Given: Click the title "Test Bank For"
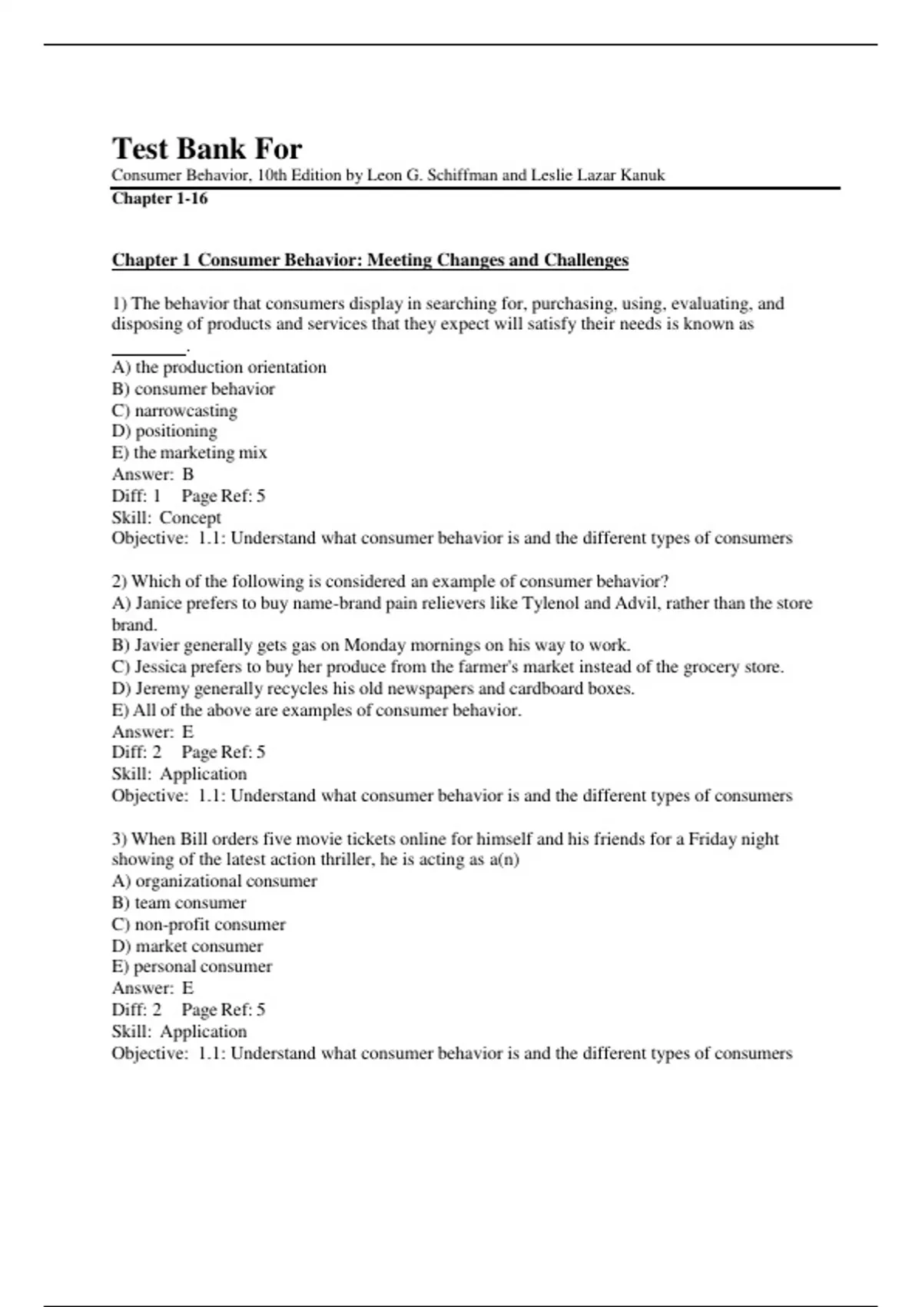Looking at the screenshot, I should [x=207, y=148].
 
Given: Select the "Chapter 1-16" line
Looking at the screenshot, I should [x=160, y=198].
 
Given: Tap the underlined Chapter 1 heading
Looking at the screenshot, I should [x=370, y=260].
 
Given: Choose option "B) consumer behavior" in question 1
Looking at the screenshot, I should [x=193, y=389].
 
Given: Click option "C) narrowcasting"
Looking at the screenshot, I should [x=174, y=411].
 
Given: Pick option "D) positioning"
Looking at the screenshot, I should [x=164, y=431].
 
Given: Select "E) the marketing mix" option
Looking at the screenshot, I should [x=189, y=453].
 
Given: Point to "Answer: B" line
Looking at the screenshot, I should [x=153, y=474].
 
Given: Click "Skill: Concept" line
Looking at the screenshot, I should [x=166, y=517].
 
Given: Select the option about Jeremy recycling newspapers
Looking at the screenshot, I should [x=373, y=689].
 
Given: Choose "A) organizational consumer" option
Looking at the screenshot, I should [x=214, y=881].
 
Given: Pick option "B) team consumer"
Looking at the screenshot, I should [x=178, y=903].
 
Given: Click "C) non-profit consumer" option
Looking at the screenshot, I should [x=198, y=924].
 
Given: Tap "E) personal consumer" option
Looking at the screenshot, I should [x=191, y=966].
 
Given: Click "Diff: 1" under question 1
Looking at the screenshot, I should [x=136, y=496].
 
